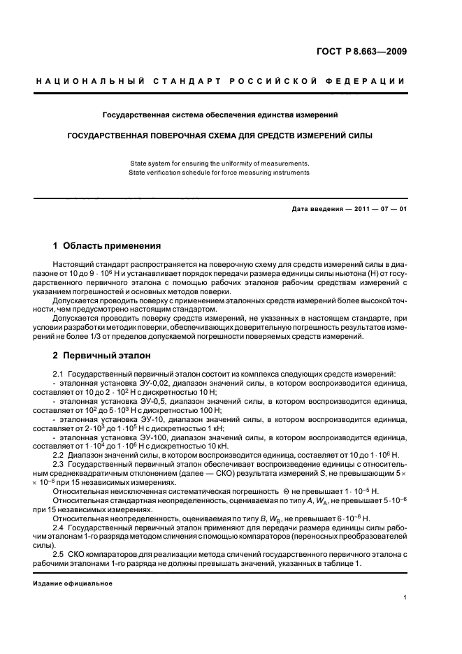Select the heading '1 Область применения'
pyautogui.click(x=107, y=246)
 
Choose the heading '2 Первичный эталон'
pyautogui.click(x=102, y=355)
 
